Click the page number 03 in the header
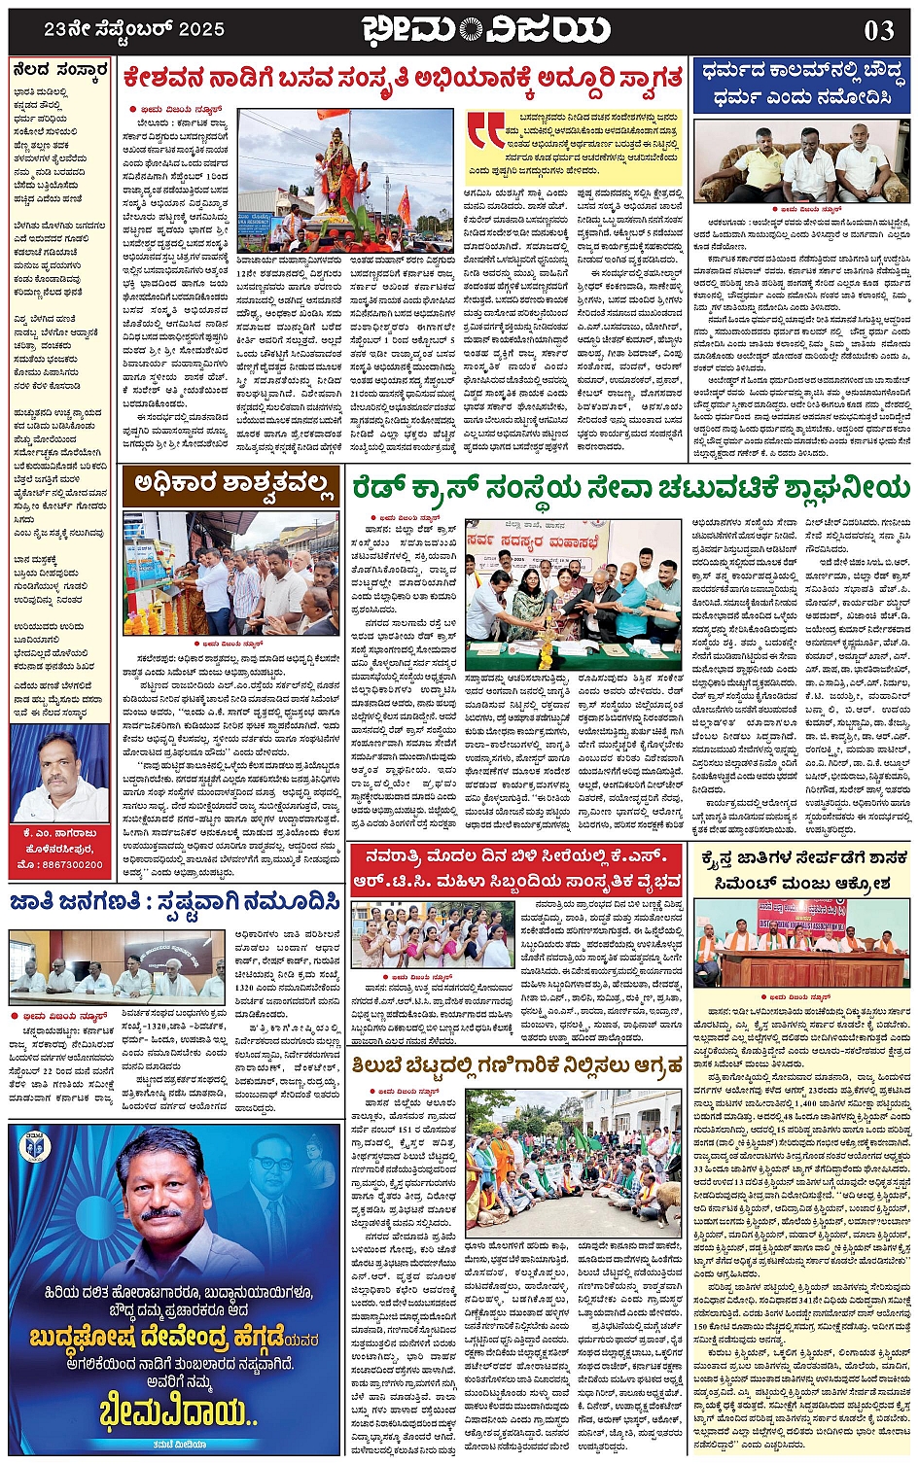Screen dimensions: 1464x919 coord(878,30)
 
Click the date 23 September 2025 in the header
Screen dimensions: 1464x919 coord(134,30)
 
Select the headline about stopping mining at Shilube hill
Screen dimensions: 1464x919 coord(518,1067)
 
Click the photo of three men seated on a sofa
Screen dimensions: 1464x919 coord(800,161)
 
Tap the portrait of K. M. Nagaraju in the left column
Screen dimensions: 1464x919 coord(59,777)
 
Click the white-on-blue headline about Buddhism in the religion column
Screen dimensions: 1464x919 coord(801,86)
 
